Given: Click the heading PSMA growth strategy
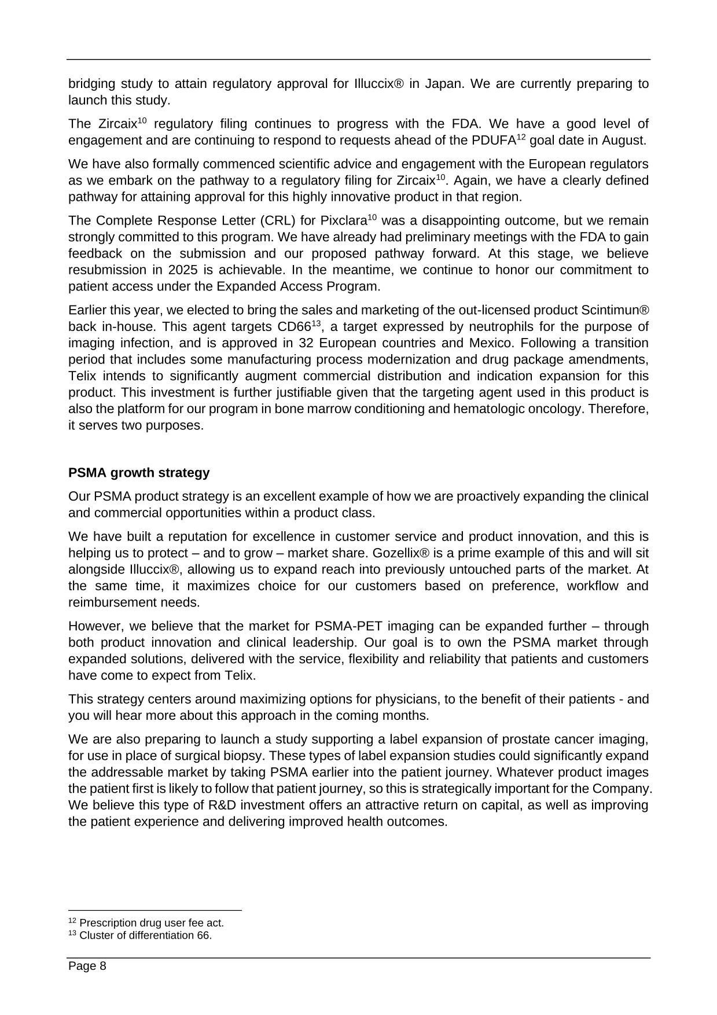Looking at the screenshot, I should tap(139, 473).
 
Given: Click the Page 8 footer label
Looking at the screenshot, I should tap(87, 966).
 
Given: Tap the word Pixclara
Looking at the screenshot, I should tap(343, 221).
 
